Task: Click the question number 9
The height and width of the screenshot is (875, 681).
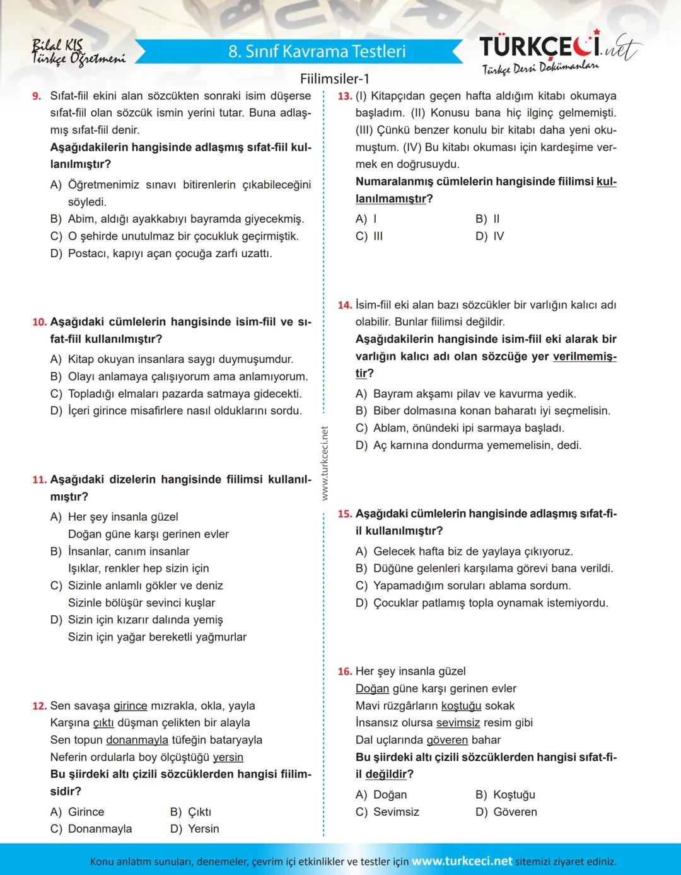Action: click(37, 96)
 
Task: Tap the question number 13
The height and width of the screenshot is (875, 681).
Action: click(344, 96)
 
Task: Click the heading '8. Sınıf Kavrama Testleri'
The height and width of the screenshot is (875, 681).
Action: click(317, 51)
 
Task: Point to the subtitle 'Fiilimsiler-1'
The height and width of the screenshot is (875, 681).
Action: click(335, 79)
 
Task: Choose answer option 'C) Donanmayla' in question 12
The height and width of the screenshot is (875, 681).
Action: click(91, 829)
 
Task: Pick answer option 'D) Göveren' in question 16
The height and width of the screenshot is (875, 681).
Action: click(506, 812)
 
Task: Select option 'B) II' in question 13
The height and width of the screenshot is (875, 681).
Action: click(487, 219)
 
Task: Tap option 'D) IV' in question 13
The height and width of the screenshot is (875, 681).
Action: click(490, 236)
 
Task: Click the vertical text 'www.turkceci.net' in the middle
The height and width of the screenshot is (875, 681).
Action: click(325, 463)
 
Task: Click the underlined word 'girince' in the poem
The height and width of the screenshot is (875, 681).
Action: click(130, 706)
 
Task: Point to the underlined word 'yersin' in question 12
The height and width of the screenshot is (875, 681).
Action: click(228, 757)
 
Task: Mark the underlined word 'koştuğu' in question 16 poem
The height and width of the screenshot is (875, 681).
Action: click(461, 706)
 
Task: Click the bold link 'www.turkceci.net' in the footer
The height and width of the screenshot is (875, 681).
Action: click(462, 861)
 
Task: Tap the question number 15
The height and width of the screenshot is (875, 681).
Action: click(344, 514)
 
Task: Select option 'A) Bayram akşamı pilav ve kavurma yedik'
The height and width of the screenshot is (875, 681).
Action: click(467, 394)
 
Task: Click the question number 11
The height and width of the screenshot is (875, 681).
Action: click(39, 480)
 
